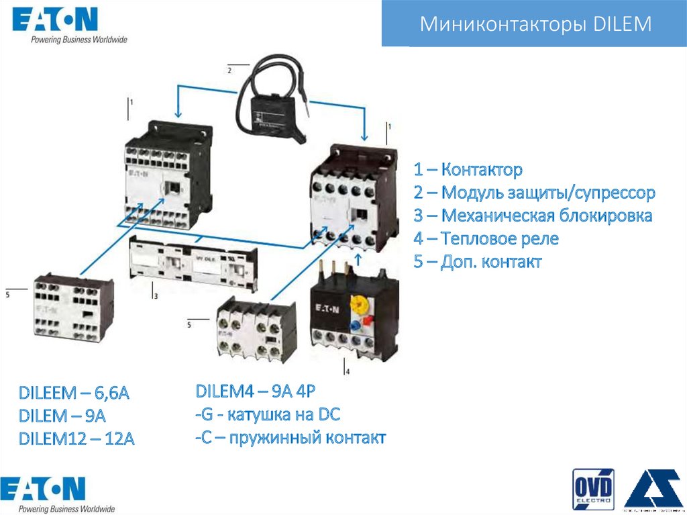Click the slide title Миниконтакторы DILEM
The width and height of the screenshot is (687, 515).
[535, 25]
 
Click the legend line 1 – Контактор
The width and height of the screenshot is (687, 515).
[468, 170]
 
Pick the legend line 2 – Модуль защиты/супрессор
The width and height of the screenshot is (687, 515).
[534, 193]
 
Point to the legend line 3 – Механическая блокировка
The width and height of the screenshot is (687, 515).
[533, 216]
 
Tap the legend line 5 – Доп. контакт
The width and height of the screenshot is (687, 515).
[477, 262]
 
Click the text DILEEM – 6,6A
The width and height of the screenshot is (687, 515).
[74, 393]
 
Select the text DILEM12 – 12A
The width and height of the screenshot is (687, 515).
[77, 439]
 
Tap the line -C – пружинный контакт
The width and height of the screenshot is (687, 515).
[290, 438]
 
